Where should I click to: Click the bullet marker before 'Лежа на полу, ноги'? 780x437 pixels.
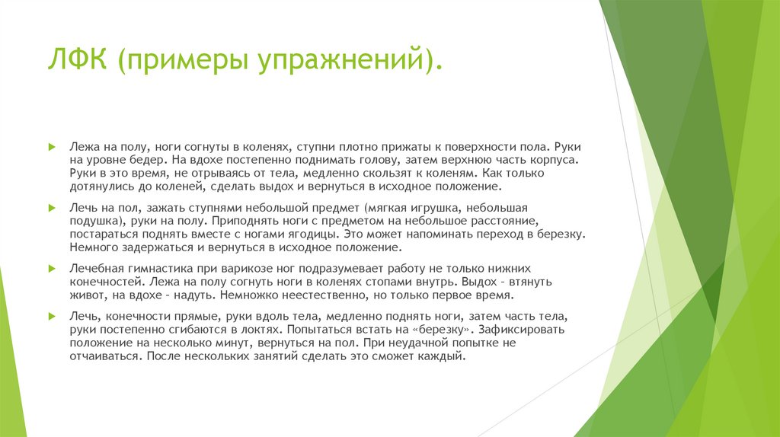pyautogui.click(x=51, y=145)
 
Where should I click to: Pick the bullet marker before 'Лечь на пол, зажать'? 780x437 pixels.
pyautogui.click(x=51, y=207)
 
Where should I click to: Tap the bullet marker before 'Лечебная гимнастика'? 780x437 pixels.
pyautogui.click(x=51, y=269)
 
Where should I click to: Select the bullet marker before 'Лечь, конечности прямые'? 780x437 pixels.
pyautogui.click(x=51, y=315)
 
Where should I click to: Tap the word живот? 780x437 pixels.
pyautogui.click(x=85, y=294)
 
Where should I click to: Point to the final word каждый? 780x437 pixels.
pyautogui.click(x=443, y=356)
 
